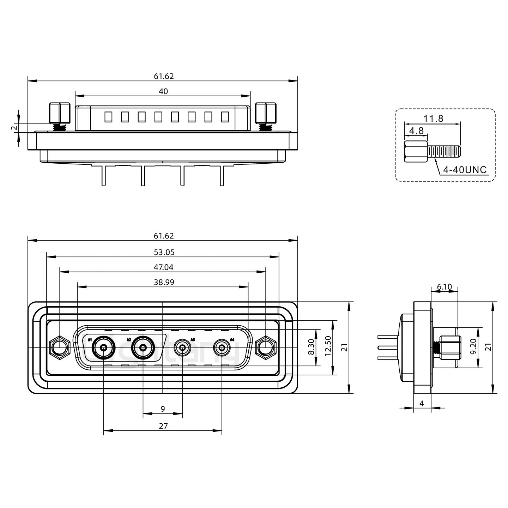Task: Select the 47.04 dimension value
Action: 163,267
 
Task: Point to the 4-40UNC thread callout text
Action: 465,170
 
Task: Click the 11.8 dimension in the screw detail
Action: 433,119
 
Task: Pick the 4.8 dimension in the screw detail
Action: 416,131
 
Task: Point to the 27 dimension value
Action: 163,426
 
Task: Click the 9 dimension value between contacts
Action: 163,409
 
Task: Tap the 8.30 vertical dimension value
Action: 311,348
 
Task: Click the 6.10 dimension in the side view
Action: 444,287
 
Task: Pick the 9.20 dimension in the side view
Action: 473,348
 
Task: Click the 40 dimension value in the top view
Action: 163,91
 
